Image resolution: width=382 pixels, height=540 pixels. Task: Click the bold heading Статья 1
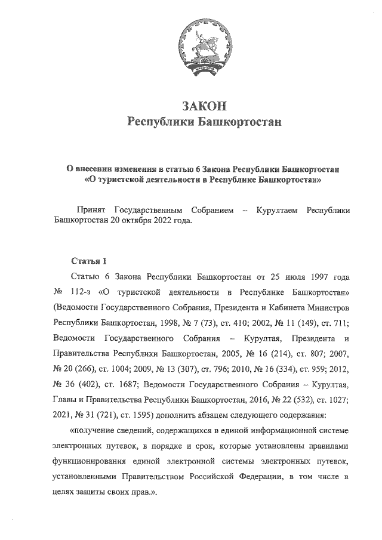88,261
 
